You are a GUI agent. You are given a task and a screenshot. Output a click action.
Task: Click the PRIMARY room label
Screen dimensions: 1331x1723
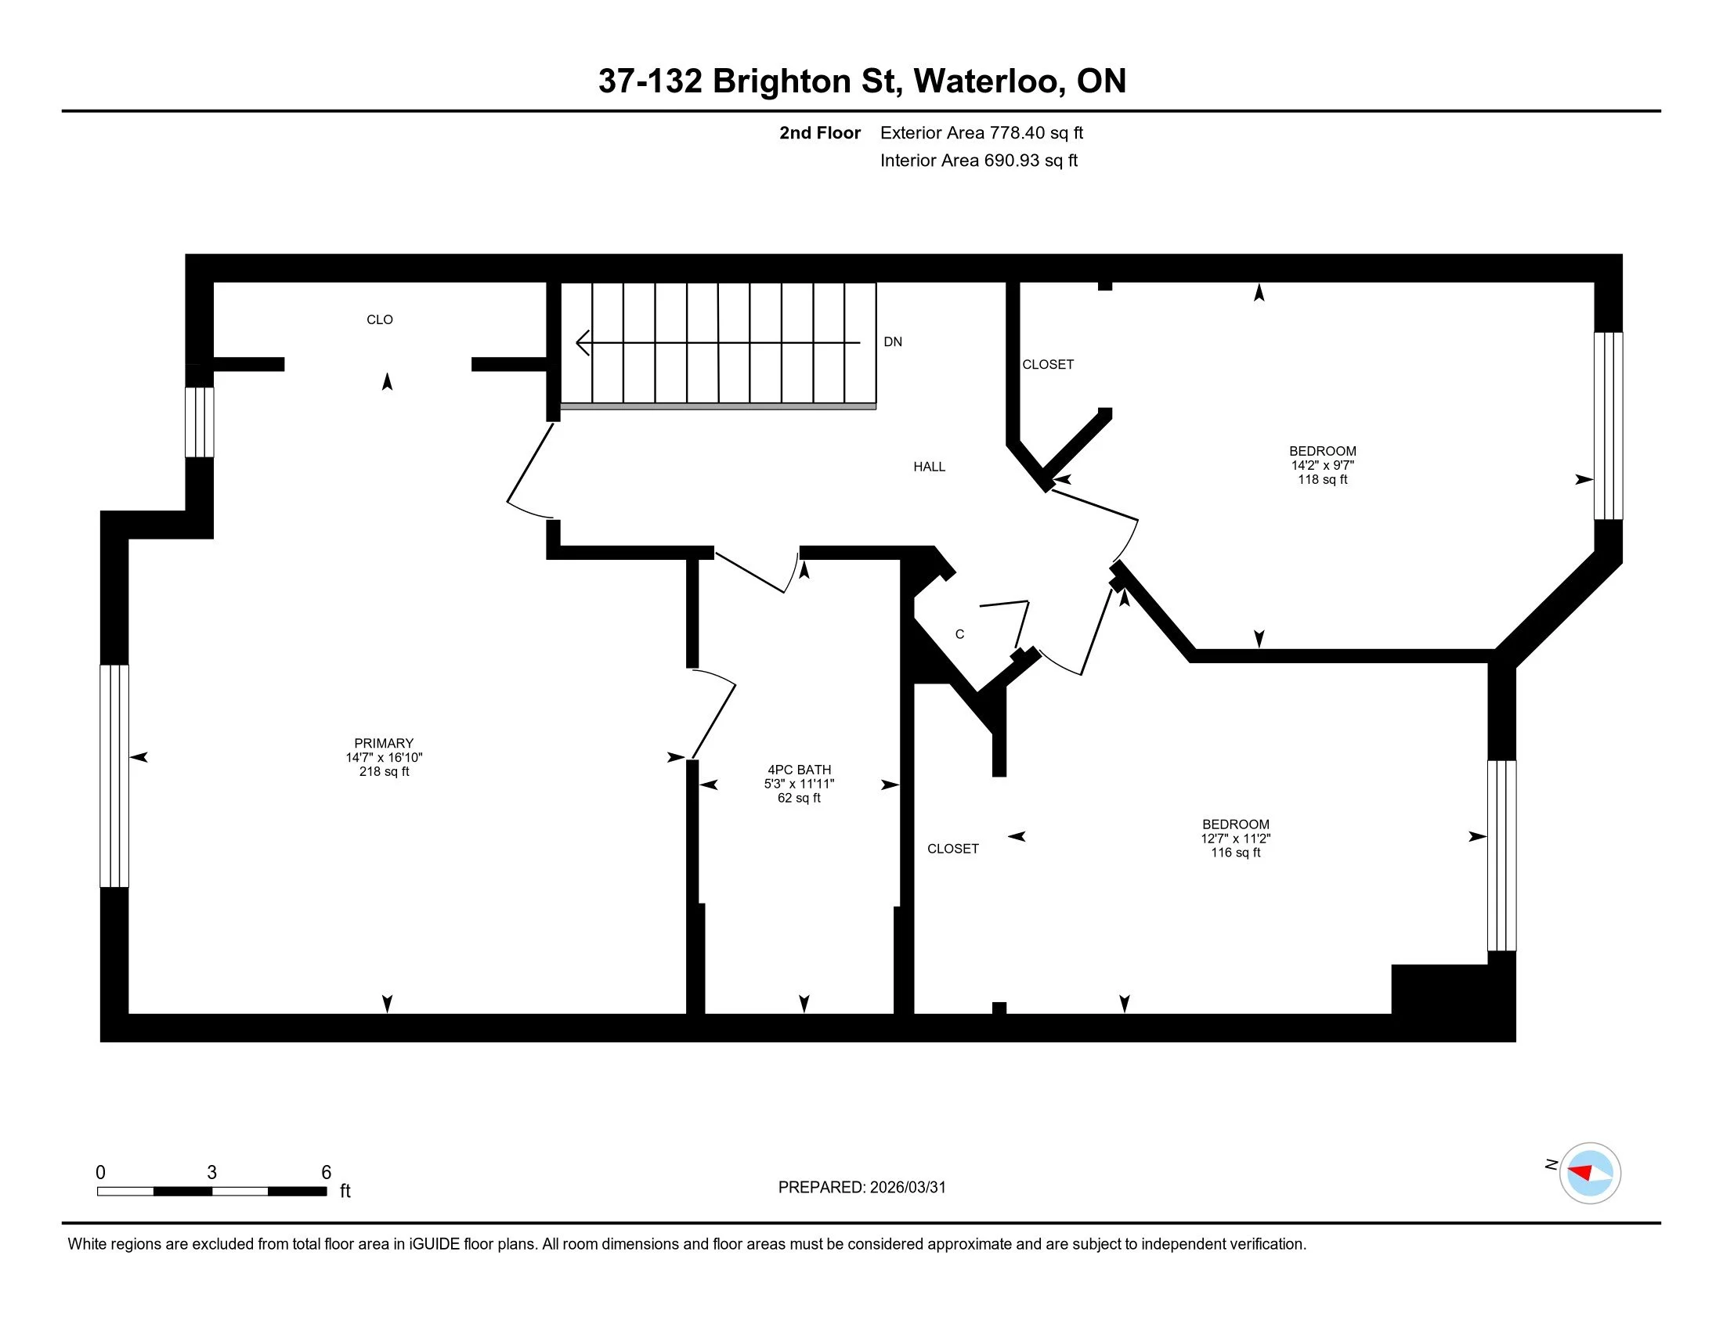[x=384, y=743]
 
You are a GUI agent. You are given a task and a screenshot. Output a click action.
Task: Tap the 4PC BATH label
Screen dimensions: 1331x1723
[x=799, y=770]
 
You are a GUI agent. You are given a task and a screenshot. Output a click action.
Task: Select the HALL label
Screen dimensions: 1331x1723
[x=929, y=467]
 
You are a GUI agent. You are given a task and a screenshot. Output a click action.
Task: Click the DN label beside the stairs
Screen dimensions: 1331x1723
[x=892, y=341]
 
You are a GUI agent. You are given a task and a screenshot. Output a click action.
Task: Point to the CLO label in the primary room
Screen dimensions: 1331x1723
[x=380, y=319]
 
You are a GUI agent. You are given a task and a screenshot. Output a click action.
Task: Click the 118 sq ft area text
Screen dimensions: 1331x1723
[x=1322, y=479]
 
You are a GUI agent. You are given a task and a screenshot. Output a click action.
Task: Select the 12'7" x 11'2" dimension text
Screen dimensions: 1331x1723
[x=1235, y=839]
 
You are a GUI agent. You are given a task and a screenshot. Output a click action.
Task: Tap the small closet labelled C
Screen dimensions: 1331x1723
[x=959, y=634]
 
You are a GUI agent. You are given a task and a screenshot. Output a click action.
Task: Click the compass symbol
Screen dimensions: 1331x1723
[x=1590, y=1173]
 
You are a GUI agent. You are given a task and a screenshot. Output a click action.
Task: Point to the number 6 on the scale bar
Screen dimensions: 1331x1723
[x=326, y=1172]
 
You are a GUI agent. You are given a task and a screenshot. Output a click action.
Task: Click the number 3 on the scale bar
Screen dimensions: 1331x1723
[x=211, y=1172]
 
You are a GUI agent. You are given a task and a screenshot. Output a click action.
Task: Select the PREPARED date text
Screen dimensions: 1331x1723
[x=861, y=1187]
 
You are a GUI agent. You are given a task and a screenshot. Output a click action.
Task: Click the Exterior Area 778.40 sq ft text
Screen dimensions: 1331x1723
[x=981, y=132]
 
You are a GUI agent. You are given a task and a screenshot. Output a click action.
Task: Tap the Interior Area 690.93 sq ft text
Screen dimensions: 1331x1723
[x=978, y=160]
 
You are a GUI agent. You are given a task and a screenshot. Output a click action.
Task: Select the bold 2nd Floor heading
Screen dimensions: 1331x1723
[x=819, y=132]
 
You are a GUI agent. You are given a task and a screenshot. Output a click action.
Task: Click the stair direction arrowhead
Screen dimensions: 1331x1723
[x=582, y=343]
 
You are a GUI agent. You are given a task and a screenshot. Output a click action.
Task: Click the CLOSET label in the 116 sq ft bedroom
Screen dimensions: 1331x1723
[x=952, y=849]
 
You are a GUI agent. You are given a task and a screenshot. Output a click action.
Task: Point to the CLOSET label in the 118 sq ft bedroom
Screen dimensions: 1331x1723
[x=1048, y=364]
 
